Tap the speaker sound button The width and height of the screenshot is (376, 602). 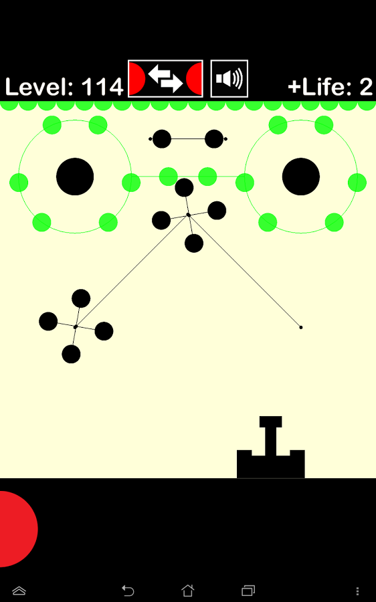pyautogui.click(x=229, y=79)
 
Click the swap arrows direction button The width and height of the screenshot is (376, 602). pyautogui.click(x=165, y=79)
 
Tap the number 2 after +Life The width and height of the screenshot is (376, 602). pyautogui.click(x=366, y=87)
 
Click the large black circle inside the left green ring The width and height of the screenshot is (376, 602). pyautogui.click(x=75, y=177)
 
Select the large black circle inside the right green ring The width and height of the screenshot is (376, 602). pyautogui.click(x=300, y=177)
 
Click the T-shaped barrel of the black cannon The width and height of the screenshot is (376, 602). pyautogui.click(x=271, y=435)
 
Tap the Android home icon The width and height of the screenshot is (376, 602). pyautogui.click(x=188, y=590)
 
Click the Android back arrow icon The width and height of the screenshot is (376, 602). pyautogui.click(x=128, y=590)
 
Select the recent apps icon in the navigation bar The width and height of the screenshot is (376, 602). pyautogui.click(x=248, y=590)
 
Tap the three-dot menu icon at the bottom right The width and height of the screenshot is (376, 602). pyautogui.click(x=357, y=591)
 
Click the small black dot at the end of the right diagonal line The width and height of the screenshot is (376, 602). pyautogui.click(x=300, y=327)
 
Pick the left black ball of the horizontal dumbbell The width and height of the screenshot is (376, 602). pyautogui.click(x=162, y=138)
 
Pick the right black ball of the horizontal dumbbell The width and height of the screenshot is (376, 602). pyautogui.click(x=214, y=138)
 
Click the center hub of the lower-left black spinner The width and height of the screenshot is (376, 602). pyautogui.click(x=76, y=326)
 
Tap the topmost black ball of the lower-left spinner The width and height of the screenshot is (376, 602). pyautogui.click(x=81, y=298)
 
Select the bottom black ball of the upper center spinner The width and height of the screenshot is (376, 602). pyautogui.click(x=194, y=243)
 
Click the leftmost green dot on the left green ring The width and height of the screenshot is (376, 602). pyautogui.click(x=19, y=183)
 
